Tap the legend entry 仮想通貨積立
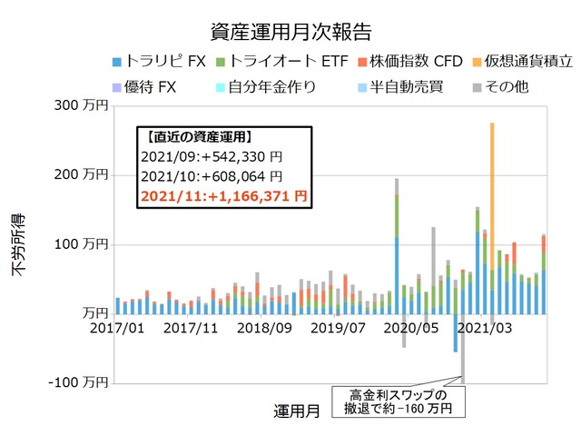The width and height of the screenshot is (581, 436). tap(524, 62)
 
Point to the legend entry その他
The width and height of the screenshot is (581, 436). tap(504, 87)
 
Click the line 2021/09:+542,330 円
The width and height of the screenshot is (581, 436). tap(212, 157)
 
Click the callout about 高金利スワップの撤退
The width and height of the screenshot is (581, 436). tap(400, 402)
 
